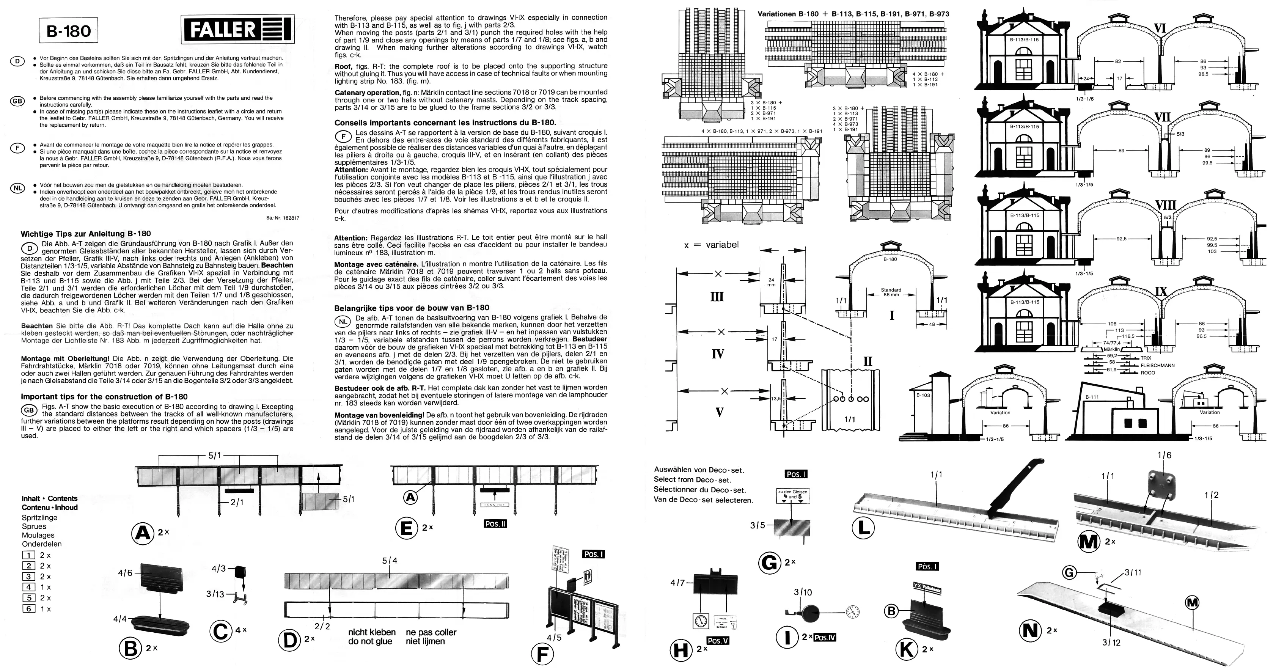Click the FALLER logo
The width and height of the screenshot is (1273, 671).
[x=237, y=30]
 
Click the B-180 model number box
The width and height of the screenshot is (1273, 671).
[x=69, y=31]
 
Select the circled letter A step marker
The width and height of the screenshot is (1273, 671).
[x=143, y=533]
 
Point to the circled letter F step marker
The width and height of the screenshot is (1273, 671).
[x=542, y=654]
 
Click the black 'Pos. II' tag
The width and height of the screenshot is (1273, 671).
[x=495, y=524]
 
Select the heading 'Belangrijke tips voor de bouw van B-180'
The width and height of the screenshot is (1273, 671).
[x=412, y=307]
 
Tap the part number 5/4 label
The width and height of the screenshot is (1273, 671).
[x=390, y=560]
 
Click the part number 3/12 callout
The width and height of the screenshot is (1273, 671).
[x=1111, y=642]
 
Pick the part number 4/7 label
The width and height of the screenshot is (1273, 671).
[x=677, y=583]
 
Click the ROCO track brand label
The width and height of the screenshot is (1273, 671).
[x=1148, y=372]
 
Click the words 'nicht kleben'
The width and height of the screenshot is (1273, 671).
[x=372, y=632]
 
